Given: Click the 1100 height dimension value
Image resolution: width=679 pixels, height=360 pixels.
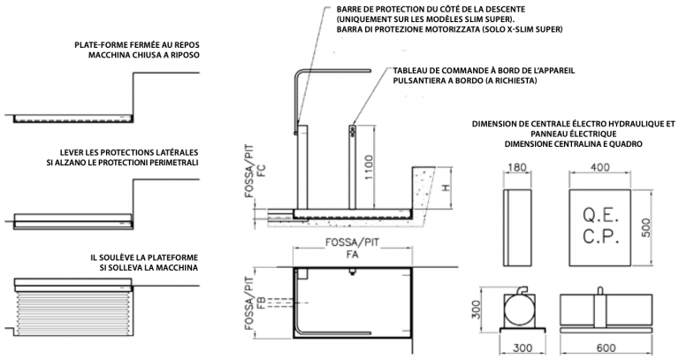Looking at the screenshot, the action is click(x=370, y=167).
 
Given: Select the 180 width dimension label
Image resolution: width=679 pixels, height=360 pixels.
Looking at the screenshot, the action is click(x=516, y=168).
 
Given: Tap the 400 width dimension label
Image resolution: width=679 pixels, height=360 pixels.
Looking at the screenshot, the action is click(x=599, y=167).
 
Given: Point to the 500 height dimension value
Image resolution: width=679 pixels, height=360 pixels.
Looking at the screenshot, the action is click(x=645, y=227).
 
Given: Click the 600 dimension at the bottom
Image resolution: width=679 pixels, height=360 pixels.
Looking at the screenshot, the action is click(x=606, y=349).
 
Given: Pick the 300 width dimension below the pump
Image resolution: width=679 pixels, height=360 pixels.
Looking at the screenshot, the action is click(x=523, y=349).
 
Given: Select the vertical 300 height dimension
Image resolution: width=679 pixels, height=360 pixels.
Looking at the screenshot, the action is click(x=476, y=310).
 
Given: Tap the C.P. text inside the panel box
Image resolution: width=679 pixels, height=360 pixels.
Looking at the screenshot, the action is click(x=600, y=237).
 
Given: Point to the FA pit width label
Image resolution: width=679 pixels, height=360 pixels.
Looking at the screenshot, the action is click(x=353, y=255).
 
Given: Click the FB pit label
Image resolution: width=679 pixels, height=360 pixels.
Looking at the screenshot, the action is click(x=261, y=302).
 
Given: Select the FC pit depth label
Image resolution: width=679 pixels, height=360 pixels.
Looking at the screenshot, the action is click(x=261, y=171).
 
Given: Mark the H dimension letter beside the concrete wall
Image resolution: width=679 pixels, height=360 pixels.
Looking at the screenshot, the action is click(x=446, y=188).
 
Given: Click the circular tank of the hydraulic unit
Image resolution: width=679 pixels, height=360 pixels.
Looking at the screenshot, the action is click(x=519, y=310).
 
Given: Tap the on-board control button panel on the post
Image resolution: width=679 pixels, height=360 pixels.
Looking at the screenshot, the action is click(x=353, y=131).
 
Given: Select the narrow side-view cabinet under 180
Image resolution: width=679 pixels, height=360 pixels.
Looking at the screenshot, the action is click(x=516, y=227).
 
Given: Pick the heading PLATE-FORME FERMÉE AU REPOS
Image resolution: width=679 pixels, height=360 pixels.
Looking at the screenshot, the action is click(x=137, y=45).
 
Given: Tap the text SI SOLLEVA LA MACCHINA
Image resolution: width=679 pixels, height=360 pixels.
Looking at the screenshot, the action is click(x=149, y=268).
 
